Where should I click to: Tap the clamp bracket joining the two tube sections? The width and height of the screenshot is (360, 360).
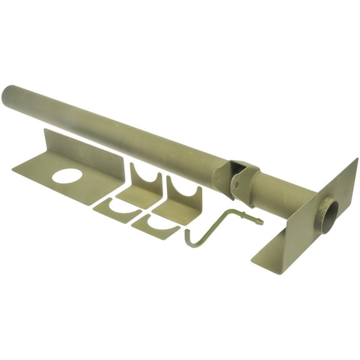[240, 179]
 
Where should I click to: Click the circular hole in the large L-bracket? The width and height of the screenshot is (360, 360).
[67, 176]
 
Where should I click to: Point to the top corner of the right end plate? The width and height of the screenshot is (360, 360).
[357, 160]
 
